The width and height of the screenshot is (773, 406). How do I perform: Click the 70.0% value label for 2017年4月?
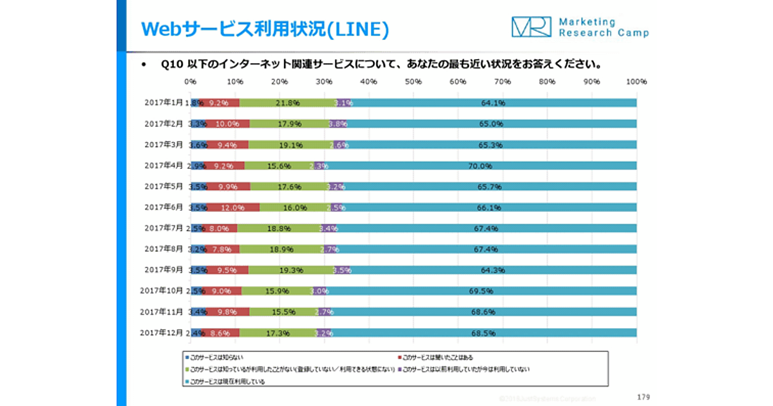480,166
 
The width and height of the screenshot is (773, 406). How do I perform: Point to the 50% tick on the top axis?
414,82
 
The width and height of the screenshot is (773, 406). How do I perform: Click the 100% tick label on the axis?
636,82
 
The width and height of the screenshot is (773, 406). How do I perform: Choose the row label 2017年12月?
162,333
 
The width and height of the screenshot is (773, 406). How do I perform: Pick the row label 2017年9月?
164,270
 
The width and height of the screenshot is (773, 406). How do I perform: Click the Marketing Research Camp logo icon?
531,26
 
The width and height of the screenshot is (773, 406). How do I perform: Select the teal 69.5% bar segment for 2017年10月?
482,291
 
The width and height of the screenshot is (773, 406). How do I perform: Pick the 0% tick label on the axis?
191,82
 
